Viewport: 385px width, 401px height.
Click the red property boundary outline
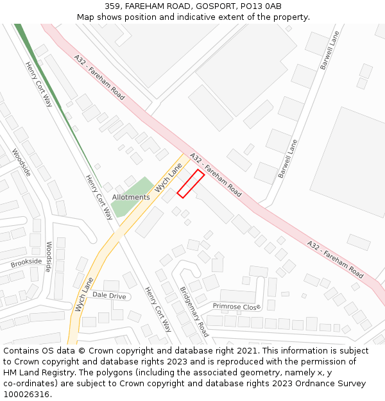click(191, 183)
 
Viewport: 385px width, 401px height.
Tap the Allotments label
click(131, 197)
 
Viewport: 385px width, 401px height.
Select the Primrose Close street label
click(237, 307)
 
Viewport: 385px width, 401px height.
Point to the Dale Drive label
click(109, 295)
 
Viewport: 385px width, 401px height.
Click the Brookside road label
click(26, 262)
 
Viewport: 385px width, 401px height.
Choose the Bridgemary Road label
click(194, 311)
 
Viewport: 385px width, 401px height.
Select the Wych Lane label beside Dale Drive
click(84, 294)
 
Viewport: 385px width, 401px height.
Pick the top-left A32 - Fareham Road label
click(99, 77)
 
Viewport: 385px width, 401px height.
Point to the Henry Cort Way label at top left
click(39, 84)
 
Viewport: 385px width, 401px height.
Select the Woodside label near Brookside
click(49, 257)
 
